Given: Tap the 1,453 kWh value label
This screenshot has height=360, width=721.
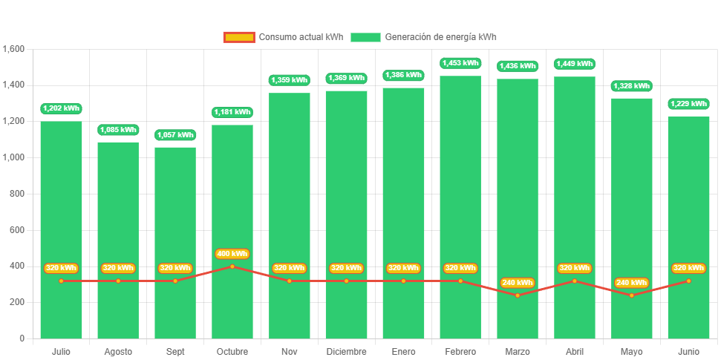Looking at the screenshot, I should pos(460,63).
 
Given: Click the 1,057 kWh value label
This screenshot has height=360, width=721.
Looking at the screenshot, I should pos(175,135).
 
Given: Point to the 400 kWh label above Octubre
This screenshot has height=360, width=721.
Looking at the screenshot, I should pos(232,254).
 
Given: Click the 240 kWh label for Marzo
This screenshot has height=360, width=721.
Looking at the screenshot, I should pos(518,283).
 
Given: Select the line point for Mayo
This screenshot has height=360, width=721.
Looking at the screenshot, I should pos(632,295).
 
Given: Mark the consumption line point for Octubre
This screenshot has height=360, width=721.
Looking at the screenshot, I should pos(232,266).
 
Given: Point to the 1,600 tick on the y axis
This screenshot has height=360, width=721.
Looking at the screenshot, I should pos(14,49).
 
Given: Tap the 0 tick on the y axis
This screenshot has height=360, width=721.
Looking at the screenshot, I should pos(22,338).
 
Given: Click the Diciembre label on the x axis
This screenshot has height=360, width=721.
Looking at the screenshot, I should pos(346,351).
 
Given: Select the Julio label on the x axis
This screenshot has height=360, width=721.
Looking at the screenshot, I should pos(61,351).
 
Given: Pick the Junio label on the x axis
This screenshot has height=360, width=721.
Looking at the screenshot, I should pos(688,351).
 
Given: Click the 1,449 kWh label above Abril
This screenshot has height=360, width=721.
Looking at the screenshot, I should pos(575,64).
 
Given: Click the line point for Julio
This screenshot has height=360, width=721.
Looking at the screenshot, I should pos(61,281).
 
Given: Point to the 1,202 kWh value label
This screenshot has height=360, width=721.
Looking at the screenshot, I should pos(61,108).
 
